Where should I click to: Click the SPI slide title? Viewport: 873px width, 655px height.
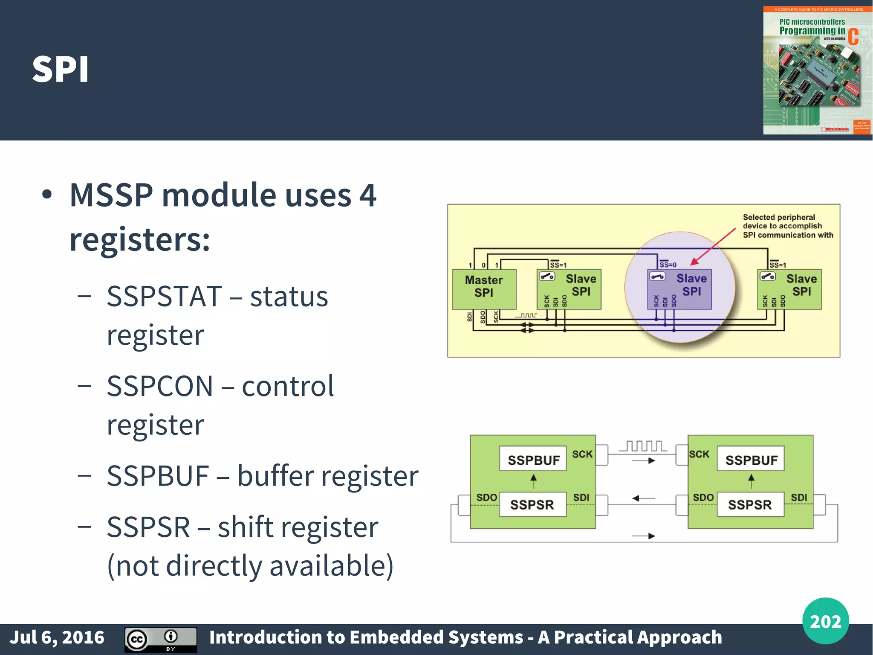tap(61, 70)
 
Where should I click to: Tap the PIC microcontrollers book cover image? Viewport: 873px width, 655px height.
tap(817, 70)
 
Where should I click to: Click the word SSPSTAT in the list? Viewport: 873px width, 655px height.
tap(164, 296)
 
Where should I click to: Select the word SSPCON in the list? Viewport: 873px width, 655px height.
tap(160, 386)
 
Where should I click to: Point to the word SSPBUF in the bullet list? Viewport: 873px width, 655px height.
tap(158, 476)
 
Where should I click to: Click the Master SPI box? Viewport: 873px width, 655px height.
tap(484, 289)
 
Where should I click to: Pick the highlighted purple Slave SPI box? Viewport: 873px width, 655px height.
tap(679, 289)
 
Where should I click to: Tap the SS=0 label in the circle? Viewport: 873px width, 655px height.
tap(668, 265)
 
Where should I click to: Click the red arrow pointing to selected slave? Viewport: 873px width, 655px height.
tap(713, 247)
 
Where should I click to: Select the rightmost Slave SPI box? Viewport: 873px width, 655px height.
tap(789, 289)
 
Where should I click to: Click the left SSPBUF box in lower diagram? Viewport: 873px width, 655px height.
tap(533, 459)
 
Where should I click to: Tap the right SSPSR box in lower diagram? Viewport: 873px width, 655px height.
tap(750, 504)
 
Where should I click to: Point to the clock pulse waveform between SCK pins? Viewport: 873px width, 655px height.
tap(642, 446)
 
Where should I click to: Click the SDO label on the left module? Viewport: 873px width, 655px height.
tap(486, 498)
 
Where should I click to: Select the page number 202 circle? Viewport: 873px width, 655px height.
tap(825, 621)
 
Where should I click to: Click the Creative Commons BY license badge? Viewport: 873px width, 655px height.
tap(161, 639)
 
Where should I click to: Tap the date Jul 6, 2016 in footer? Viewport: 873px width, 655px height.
tap(57, 638)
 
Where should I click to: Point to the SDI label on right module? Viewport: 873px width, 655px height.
tap(799, 498)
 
